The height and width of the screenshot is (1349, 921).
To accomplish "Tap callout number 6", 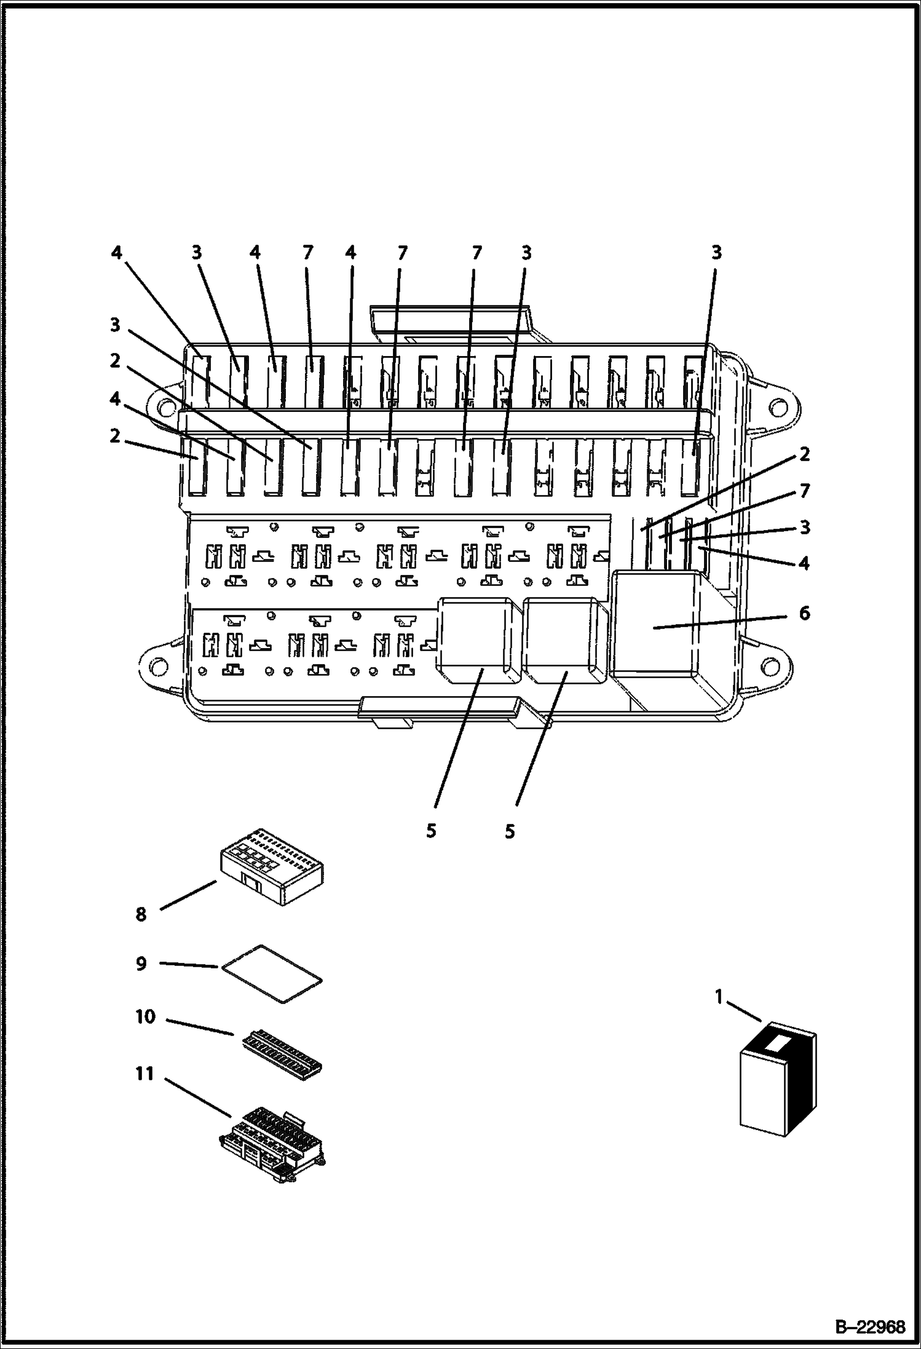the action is click(804, 613).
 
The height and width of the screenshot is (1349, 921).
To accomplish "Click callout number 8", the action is click(141, 914).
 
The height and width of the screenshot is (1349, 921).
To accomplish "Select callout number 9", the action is click(141, 963).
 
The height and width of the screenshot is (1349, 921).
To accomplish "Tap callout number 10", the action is click(146, 1017).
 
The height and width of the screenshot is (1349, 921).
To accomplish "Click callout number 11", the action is click(144, 1074).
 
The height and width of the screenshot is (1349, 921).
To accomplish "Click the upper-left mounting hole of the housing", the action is click(163, 406).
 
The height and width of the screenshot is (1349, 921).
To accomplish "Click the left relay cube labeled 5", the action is click(477, 640).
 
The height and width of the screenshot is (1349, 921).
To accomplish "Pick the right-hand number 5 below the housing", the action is click(510, 831).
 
